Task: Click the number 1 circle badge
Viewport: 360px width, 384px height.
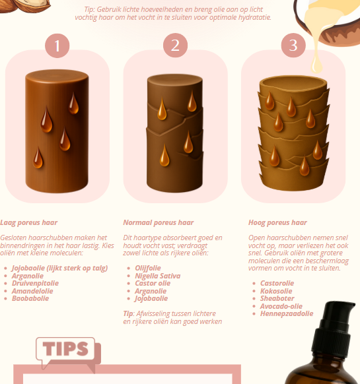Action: [57, 46]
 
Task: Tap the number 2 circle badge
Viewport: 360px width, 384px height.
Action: [175, 46]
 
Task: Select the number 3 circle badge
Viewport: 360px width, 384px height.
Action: [293, 46]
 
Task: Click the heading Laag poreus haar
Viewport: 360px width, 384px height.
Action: [28, 222]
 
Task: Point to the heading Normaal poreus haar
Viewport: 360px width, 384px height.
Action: [159, 222]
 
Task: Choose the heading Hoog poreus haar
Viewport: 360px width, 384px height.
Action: [277, 222]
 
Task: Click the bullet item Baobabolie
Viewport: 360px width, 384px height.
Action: [30, 298]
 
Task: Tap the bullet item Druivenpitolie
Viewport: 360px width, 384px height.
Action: [35, 283]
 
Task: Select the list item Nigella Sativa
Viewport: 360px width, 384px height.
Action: [158, 276]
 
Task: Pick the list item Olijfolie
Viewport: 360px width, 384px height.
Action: [148, 268]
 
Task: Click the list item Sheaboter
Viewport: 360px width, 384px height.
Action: [277, 298]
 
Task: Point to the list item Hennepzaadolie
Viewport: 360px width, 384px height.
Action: [287, 313]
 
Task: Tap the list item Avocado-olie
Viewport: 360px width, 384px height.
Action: [281, 306]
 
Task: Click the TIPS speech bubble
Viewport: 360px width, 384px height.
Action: [65, 349]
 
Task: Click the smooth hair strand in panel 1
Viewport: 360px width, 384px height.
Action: [57, 131]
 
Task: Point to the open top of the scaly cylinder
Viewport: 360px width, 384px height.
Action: [293, 82]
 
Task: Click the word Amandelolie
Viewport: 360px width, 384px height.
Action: [32, 291]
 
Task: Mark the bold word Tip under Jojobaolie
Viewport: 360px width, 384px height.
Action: [128, 313]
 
